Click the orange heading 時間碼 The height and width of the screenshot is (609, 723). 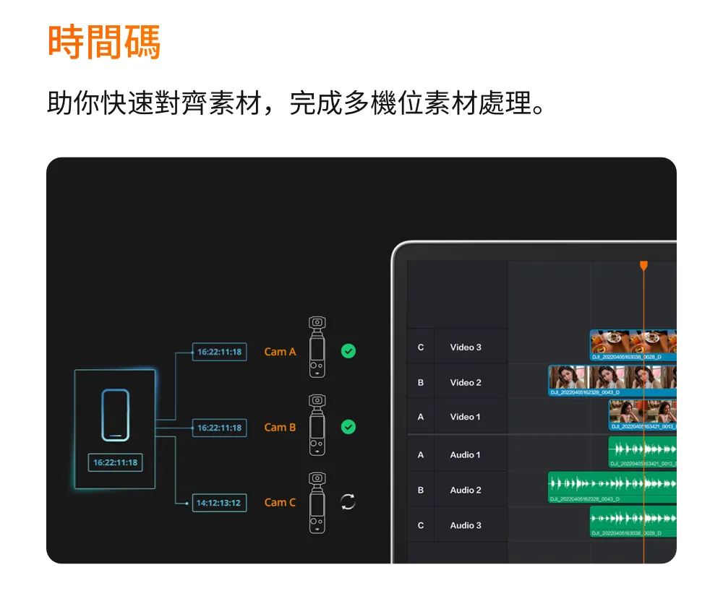(104, 43)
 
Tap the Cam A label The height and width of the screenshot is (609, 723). (280, 352)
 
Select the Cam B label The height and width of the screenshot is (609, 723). (280, 427)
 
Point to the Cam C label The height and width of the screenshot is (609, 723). (280, 502)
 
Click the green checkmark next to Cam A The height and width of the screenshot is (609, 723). (348, 351)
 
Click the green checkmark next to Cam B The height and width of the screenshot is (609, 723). (348, 427)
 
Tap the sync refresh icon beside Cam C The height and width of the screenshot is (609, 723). (348, 502)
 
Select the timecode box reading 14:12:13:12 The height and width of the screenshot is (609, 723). (219, 503)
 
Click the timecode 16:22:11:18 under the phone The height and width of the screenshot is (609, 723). (116, 462)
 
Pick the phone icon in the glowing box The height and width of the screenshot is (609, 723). (115, 415)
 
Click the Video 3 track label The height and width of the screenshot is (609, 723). (466, 347)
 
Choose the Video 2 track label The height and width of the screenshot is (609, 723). (466, 382)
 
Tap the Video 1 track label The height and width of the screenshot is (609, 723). (466, 417)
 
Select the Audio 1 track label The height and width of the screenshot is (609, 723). (466, 455)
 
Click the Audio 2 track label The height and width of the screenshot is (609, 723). (466, 490)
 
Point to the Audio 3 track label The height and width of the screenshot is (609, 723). (466, 525)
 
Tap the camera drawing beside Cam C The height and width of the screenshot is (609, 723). (317, 503)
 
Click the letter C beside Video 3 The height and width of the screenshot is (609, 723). (421, 347)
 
